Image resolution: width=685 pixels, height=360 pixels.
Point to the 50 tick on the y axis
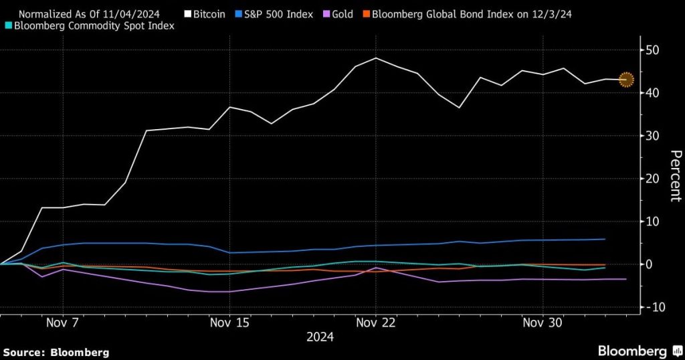(652, 50)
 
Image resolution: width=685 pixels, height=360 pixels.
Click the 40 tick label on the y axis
(652, 93)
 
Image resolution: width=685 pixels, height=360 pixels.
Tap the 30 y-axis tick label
(652, 136)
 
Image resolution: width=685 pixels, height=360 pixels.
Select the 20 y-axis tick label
(652, 179)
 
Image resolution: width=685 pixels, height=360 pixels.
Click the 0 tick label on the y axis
(649, 264)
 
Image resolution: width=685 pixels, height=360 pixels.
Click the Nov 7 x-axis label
(63, 323)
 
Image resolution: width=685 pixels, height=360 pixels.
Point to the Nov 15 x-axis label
(229, 323)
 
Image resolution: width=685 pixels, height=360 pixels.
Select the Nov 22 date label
(377, 323)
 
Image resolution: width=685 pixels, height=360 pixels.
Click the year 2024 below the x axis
(320, 337)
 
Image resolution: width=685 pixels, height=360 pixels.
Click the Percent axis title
(676, 176)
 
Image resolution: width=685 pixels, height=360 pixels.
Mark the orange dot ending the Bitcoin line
(626, 80)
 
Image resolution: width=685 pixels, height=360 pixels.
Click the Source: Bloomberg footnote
(56, 352)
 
